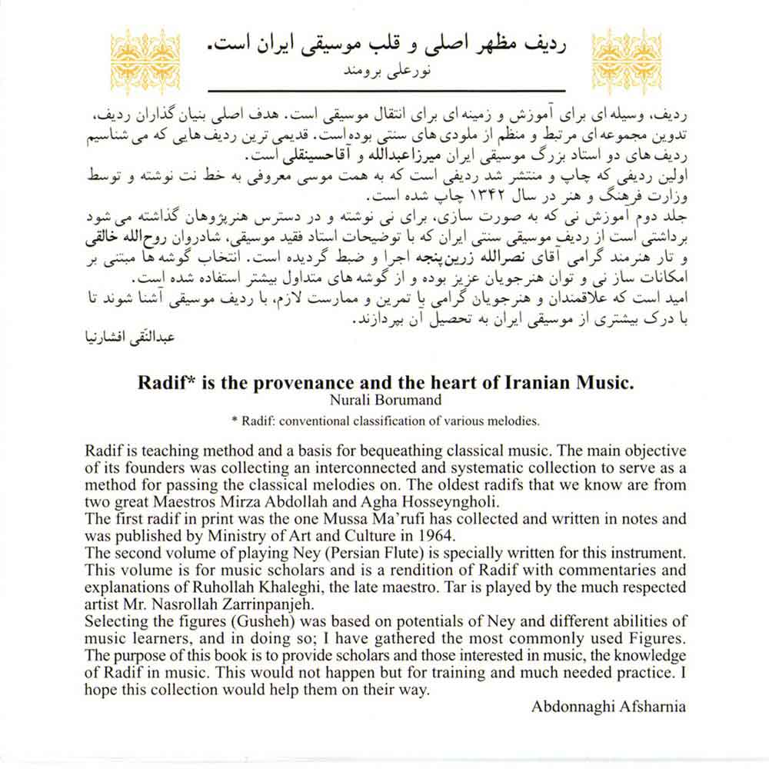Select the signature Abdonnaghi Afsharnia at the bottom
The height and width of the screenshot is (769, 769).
608,707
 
